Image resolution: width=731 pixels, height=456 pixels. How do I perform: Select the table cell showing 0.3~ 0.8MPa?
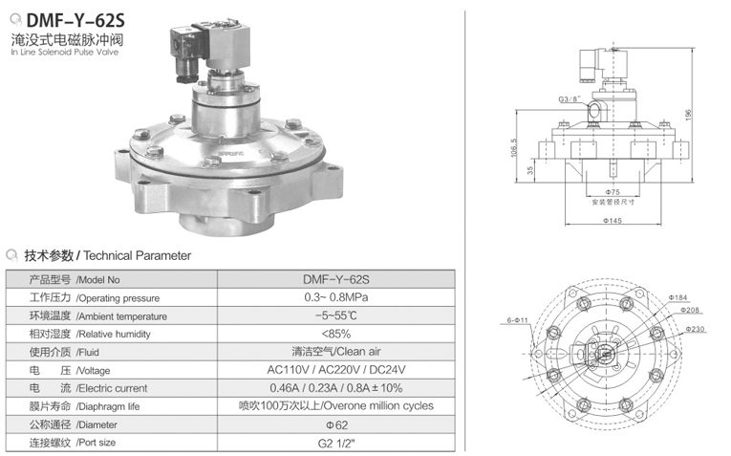[x=335, y=297]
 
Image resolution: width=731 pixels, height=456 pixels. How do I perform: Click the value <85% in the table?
[x=335, y=334]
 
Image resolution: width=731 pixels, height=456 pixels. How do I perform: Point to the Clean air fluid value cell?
[x=335, y=351]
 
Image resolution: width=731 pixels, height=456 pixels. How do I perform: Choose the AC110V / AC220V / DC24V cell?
[x=335, y=369]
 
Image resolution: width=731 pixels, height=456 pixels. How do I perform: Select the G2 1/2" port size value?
[x=335, y=442]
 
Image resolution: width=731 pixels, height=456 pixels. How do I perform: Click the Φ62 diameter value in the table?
[x=335, y=423]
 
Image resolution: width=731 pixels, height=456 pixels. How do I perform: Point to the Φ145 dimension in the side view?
[x=613, y=221]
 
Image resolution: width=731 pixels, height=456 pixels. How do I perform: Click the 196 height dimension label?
[x=714, y=113]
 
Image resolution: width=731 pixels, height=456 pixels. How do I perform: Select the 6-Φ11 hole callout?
[x=519, y=319]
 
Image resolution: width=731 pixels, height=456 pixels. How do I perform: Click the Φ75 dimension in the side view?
[x=613, y=190]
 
